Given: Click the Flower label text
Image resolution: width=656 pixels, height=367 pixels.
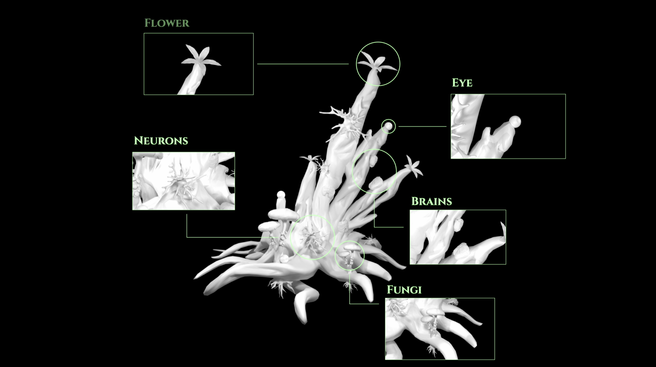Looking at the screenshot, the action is tap(167, 23).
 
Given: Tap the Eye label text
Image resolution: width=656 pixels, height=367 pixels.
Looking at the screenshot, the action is tap(462, 83).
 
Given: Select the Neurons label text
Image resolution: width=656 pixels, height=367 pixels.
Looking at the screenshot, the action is tap(161, 141).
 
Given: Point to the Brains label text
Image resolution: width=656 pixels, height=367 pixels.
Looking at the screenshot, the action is tap(432, 201).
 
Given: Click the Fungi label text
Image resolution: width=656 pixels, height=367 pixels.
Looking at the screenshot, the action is tap(404, 290).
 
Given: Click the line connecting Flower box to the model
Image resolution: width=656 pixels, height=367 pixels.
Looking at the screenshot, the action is tap(303, 64).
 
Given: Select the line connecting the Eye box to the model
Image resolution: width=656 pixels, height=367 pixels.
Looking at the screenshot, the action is tap(422, 126).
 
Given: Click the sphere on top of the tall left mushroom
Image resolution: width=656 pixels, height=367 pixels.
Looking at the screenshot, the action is tap(281, 195).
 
